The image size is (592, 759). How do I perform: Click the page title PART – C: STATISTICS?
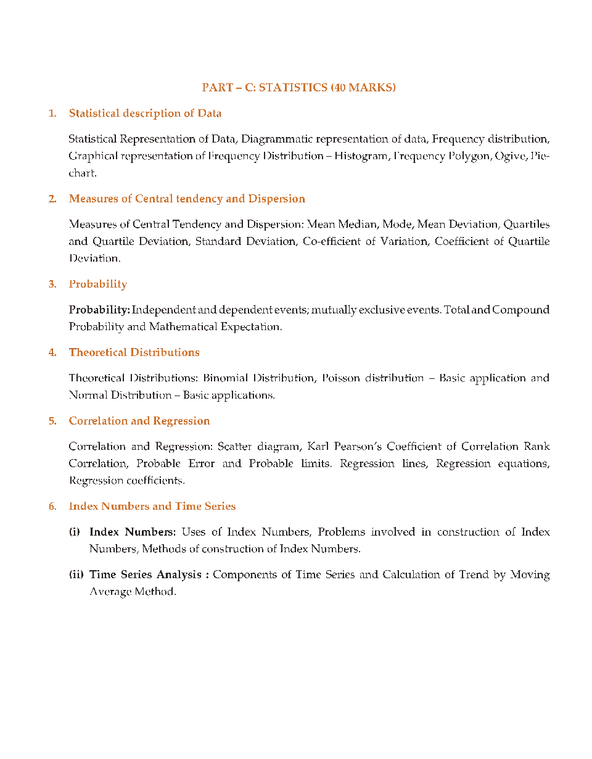tap(298, 88)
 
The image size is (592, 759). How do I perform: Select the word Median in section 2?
tap(364, 224)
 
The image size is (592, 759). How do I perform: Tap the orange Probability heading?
tap(97, 284)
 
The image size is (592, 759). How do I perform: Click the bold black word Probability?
tap(99, 310)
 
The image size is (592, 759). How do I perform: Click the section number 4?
tap(52, 353)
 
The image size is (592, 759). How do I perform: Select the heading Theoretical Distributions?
tap(134, 353)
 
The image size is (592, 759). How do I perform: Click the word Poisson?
tap(340, 378)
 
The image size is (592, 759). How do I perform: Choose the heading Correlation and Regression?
tap(139, 421)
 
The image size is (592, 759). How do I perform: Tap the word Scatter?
tap(234, 446)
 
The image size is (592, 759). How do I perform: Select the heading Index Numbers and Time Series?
tap(152, 507)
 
